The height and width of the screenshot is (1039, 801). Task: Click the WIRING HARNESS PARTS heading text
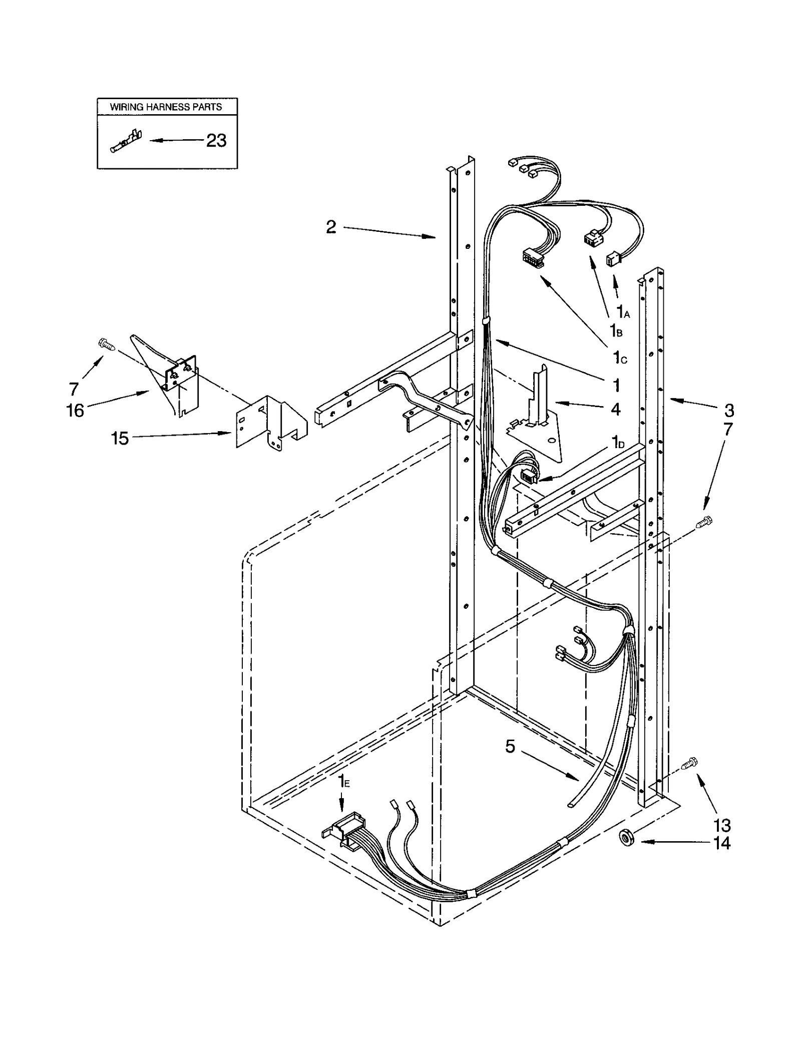coord(166,107)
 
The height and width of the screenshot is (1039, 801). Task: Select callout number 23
coord(216,141)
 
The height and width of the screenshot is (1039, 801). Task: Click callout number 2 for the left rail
coord(331,227)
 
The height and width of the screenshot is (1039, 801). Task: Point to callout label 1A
coord(622,312)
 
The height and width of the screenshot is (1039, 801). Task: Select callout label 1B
coord(615,330)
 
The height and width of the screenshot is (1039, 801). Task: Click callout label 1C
coord(620,358)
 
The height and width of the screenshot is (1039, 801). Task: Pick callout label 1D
coord(618,442)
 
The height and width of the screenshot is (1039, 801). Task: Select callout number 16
coord(75,411)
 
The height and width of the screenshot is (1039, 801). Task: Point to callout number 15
coord(120,439)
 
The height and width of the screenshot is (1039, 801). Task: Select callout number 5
coord(510,761)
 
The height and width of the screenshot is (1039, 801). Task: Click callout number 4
coord(615,409)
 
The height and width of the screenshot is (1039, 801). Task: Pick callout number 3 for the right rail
coord(729,411)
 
